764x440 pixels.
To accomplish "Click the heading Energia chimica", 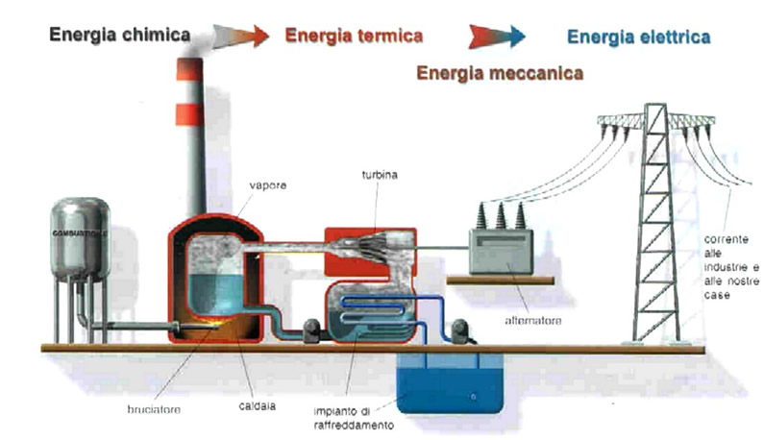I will pyautogui.click(x=120, y=37).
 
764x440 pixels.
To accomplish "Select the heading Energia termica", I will pyautogui.click(x=354, y=37).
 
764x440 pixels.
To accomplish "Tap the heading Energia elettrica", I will pyautogui.click(x=638, y=37).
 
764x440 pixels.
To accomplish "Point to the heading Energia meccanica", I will pyautogui.click(x=500, y=71).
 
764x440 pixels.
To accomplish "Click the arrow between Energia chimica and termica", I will pyautogui.click(x=242, y=37).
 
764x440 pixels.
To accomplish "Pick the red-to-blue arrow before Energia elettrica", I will pyautogui.click(x=496, y=37).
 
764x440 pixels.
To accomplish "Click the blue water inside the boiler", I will pyautogui.click(x=218, y=289).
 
